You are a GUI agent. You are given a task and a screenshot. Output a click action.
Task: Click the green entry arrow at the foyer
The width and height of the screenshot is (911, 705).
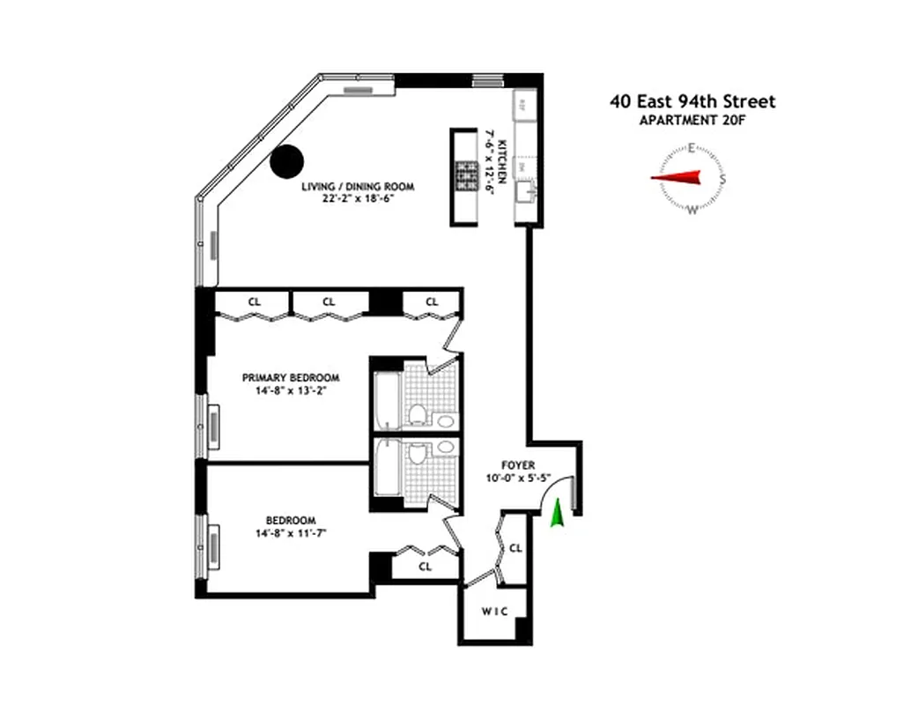(557, 515)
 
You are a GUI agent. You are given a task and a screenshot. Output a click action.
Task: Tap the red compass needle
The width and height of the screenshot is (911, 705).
(677, 178)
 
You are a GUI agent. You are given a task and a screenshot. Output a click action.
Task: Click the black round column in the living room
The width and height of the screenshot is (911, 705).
(286, 161)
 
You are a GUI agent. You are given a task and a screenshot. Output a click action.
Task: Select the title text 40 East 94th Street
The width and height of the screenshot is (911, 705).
(693, 101)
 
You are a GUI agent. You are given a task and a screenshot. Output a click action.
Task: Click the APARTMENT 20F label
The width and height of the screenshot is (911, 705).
(693, 122)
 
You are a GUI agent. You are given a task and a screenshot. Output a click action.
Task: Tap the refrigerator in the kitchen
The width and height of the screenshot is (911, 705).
(522, 105)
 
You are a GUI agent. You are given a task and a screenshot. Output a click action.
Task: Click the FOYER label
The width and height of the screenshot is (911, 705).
(519, 465)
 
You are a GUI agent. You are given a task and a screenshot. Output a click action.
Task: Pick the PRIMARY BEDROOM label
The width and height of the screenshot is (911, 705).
(291, 377)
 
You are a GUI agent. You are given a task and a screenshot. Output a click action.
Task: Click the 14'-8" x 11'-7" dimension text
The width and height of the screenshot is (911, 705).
(291, 533)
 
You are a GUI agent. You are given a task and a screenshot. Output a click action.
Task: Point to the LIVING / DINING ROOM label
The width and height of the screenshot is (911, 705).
(357, 187)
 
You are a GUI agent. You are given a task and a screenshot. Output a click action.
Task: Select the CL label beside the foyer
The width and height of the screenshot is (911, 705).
(516, 548)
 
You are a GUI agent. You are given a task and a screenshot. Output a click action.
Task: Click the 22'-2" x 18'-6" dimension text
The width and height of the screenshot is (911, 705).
(357, 199)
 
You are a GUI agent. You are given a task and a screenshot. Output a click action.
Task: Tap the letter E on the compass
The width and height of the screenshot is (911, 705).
(693, 148)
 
